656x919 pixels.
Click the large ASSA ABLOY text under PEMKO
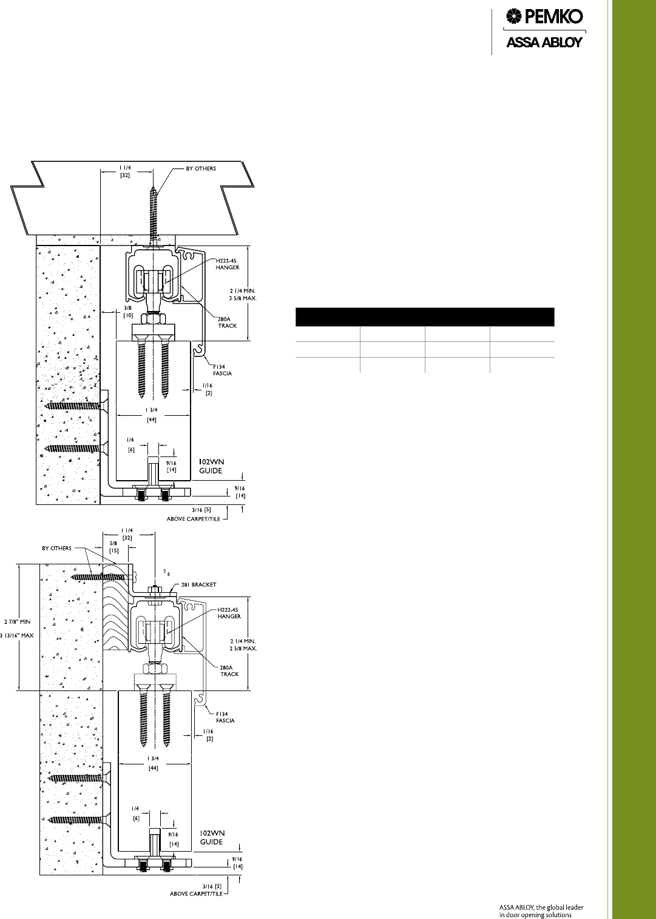pos(544,42)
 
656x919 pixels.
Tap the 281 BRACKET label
pos(198,584)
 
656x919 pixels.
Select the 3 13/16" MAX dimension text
pos(17,635)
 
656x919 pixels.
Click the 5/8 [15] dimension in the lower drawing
pos(113,547)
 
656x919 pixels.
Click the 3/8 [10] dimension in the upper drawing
pos(128,312)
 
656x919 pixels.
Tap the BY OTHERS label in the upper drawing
pos(201,169)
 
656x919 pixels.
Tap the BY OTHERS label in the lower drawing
pos(56,548)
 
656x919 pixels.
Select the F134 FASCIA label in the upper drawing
pos(222,370)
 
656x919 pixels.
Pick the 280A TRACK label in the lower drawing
pos(228,671)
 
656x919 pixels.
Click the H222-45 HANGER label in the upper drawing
pos(227,264)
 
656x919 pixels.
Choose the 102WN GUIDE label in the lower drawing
pos(212,837)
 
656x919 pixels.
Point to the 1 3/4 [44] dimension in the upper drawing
pos(151,415)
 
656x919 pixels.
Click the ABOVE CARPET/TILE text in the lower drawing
pos(197,905)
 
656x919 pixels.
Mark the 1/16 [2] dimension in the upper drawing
pos(208,389)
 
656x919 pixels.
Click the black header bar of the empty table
pos(425,317)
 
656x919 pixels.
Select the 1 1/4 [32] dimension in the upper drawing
pos(125,172)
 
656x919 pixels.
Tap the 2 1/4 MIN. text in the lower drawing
pos(243,641)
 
